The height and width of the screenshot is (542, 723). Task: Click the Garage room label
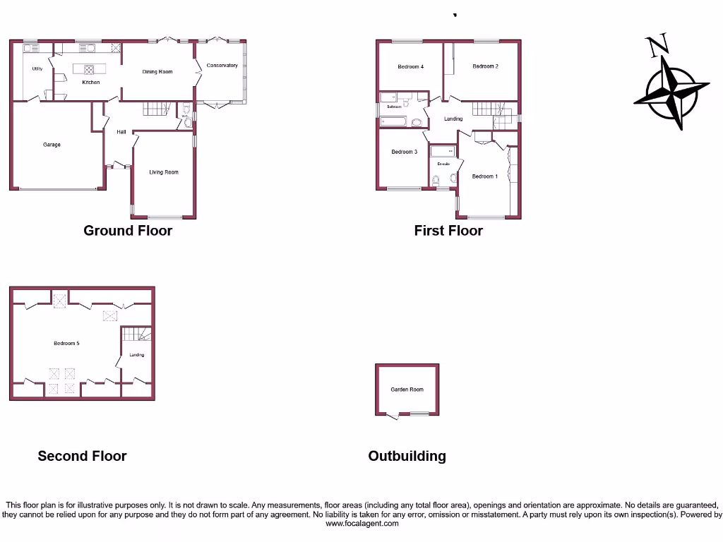(52, 145)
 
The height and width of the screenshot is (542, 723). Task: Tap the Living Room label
(164, 172)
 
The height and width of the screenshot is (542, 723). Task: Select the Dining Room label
(157, 72)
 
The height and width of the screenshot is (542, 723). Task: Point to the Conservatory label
(222, 66)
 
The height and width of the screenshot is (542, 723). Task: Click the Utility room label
(37, 69)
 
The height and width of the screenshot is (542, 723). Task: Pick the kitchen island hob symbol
(90, 69)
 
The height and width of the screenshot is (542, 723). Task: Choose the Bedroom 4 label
(410, 67)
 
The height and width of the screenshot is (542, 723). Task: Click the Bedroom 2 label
(486, 66)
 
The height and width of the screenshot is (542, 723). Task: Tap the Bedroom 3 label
(405, 152)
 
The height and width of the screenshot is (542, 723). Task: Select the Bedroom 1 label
(485, 176)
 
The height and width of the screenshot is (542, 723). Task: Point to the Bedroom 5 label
(66, 344)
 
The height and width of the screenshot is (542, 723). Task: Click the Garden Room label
(407, 390)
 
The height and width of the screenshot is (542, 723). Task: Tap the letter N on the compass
(658, 47)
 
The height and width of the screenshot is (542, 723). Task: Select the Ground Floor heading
(128, 231)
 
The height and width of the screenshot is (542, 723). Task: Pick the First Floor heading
(448, 231)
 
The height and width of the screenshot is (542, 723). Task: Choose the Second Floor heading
(82, 457)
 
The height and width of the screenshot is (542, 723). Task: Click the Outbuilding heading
(407, 457)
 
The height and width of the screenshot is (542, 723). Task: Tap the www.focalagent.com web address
(361, 524)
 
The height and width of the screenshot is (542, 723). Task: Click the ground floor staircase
(157, 109)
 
